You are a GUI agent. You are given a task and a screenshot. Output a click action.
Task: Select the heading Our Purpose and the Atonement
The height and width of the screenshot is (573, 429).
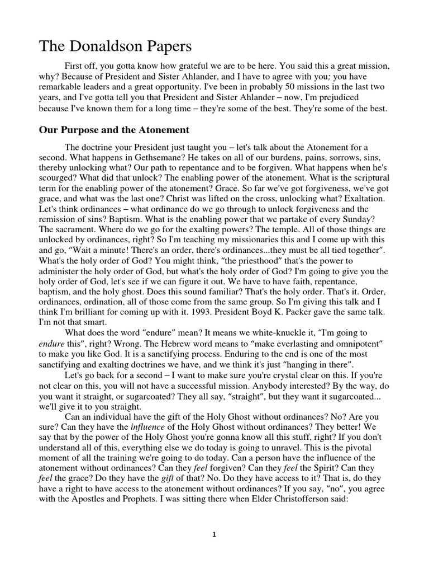click(114, 130)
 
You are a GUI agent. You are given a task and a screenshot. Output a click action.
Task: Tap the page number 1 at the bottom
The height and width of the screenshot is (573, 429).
click(214, 534)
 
